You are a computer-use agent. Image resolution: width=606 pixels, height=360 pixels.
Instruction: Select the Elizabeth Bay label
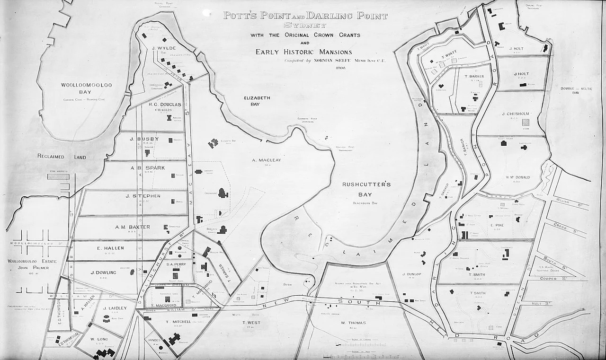[x=257, y=100]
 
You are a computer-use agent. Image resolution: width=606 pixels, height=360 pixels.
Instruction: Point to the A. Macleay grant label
[x=267, y=160]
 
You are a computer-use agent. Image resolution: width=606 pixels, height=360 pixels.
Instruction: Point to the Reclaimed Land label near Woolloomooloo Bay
[x=62, y=156]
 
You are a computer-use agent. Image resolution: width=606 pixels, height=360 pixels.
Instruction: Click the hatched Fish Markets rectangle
[x=58, y=176]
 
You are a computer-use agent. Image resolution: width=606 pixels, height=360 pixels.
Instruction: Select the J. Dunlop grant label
[x=411, y=274]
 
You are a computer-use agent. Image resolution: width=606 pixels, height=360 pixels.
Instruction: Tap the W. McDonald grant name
[x=517, y=178]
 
